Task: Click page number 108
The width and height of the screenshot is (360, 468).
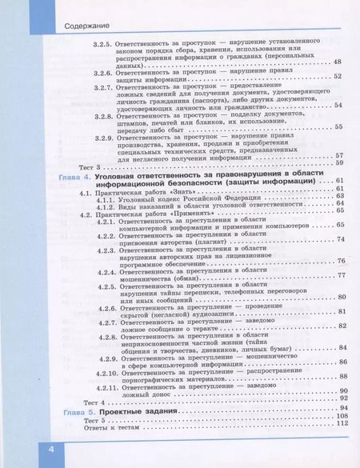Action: click(x=344, y=416)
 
